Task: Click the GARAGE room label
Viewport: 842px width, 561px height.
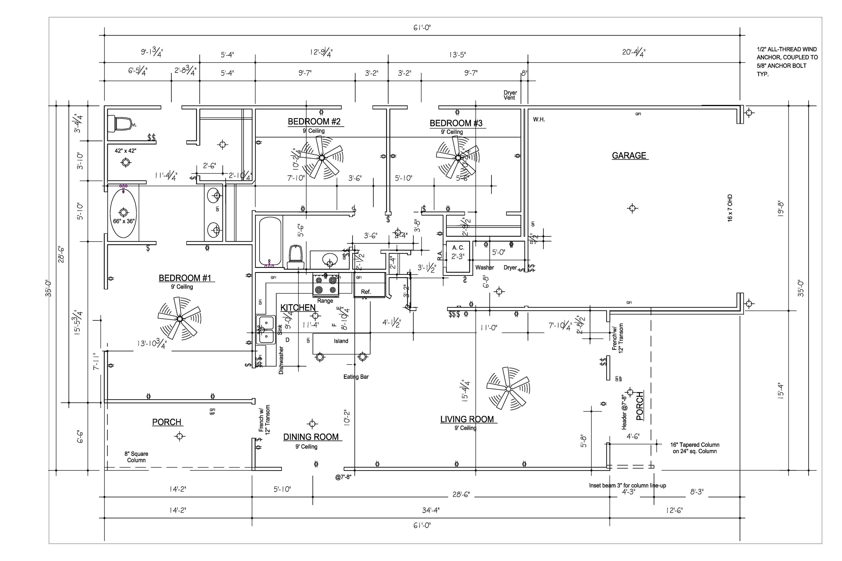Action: (x=629, y=156)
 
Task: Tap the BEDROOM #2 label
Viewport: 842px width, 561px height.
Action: (x=314, y=122)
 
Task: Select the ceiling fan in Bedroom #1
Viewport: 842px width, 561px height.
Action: (x=180, y=318)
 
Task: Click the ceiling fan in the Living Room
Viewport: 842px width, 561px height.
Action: (x=508, y=388)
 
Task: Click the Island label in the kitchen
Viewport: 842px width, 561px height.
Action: (x=341, y=341)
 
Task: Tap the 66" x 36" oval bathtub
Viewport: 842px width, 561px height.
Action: (x=123, y=213)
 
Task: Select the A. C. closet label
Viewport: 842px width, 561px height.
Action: (x=458, y=248)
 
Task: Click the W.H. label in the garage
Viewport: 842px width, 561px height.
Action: (x=539, y=119)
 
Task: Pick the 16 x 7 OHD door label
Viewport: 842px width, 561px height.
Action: (x=730, y=208)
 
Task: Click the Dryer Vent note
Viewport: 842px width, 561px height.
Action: (x=510, y=95)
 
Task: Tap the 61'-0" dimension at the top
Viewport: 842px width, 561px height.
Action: (x=422, y=27)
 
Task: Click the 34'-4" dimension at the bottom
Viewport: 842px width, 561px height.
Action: (x=431, y=510)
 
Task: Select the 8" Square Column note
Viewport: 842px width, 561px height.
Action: (x=136, y=457)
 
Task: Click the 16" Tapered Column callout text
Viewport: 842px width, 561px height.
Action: (x=694, y=448)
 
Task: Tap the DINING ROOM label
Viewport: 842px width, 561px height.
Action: (x=311, y=437)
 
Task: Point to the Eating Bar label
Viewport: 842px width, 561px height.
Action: (x=356, y=377)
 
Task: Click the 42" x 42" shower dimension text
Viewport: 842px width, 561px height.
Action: (x=125, y=151)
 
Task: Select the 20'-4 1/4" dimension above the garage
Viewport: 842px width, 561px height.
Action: (x=634, y=52)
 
